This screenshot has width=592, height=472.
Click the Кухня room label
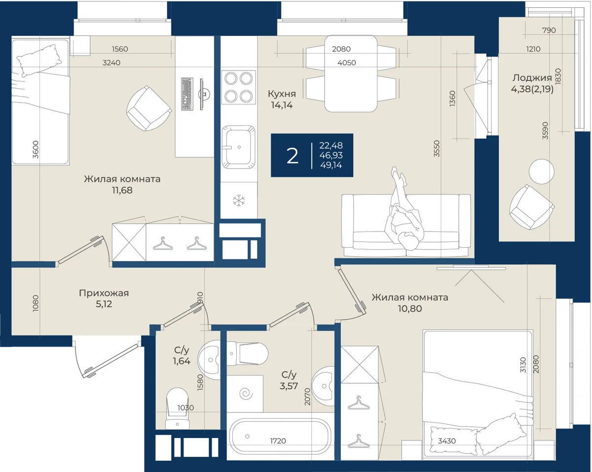(282, 94)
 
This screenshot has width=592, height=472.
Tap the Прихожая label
(104, 293)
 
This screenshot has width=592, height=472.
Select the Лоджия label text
(532, 78)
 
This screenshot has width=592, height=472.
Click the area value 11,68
(122, 190)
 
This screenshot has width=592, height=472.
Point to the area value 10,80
(410, 308)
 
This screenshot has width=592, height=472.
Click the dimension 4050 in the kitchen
(347, 63)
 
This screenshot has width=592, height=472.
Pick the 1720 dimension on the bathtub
(278, 441)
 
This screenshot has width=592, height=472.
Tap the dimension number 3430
(447, 441)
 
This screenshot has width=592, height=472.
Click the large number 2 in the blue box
(292, 156)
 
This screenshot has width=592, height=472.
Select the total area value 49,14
(331, 165)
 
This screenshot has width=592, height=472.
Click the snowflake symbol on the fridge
(239, 201)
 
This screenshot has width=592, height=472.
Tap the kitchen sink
(238, 147)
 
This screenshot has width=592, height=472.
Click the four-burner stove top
(238, 87)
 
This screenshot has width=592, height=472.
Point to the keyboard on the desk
(187, 94)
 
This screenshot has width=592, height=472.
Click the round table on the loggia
(541, 171)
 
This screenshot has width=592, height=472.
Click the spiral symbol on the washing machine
(246, 394)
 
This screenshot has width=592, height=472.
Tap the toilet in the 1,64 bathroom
(177, 408)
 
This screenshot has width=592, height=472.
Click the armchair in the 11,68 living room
(149, 108)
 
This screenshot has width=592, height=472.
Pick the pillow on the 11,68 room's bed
(39, 61)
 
